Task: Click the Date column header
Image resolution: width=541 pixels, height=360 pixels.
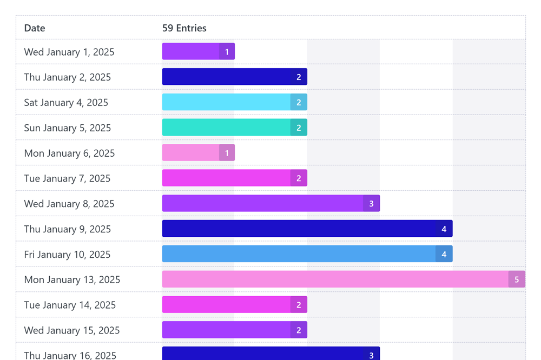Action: pyautogui.click(x=35, y=28)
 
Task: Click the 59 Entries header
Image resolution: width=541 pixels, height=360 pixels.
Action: pyautogui.click(x=184, y=28)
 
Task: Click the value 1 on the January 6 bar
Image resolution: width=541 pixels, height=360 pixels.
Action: pyautogui.click(x=227, y=153)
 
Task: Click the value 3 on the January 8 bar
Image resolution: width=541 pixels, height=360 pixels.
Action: pyautogui.click(x=371, y=204)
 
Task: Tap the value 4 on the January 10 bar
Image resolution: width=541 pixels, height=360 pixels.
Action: pyautogui.click(x=444, y=254)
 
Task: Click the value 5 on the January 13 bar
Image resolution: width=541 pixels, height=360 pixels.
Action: pyautogui.click(x=517, y=279)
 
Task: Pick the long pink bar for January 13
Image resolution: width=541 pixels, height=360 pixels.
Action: pyautogui.click(x=335, y=279)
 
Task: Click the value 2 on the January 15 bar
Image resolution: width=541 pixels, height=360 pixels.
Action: pyautogui.click(x=299, y=330)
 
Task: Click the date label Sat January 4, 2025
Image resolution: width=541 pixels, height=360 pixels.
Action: pyautogui.click(x=66, y=102)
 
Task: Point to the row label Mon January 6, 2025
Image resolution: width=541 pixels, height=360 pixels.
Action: pyautogui.click(x=69, y=153)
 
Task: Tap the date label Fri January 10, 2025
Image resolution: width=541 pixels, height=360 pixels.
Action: pyautogui.click(x=67, y=254)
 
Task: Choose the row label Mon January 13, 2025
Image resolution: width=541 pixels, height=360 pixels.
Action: pyautogui.click(x=72, y=279)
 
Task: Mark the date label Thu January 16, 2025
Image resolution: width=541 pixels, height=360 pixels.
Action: pyautogui.click(x=70, y=355)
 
